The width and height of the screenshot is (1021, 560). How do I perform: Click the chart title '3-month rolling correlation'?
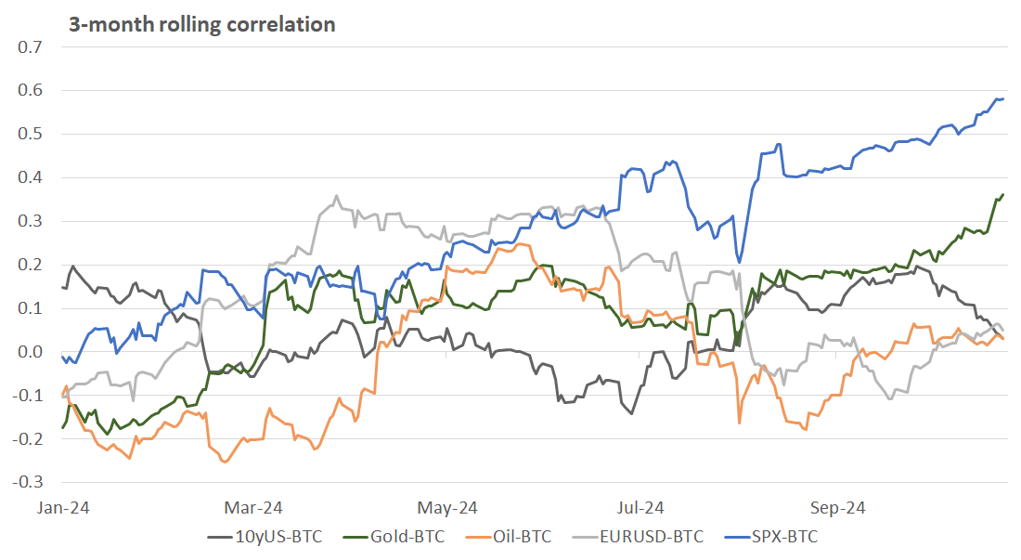tap(201, 24)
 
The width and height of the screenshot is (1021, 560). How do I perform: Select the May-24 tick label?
tap(447, 508)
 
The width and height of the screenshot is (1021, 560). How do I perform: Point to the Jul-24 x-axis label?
tap(640, 508)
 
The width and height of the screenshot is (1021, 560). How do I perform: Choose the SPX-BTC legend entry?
tap(784, 537)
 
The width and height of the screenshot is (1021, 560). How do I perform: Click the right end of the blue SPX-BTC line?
tap(1003, 98)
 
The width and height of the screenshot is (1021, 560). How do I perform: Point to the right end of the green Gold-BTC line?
tap(1003, 195)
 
